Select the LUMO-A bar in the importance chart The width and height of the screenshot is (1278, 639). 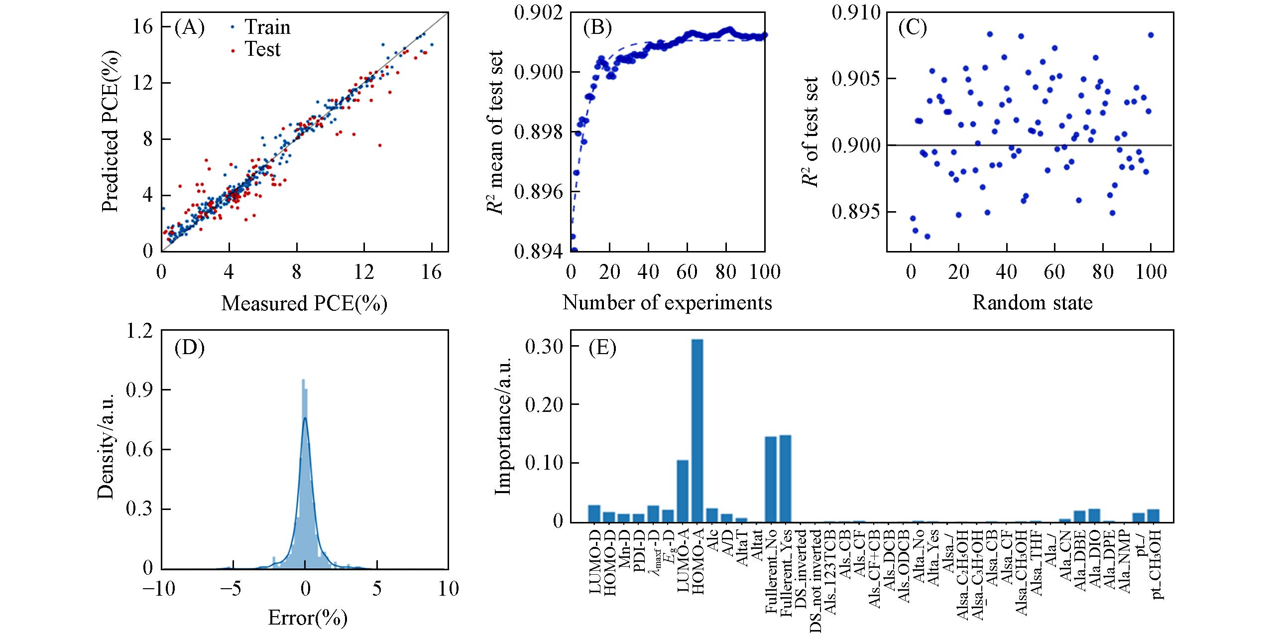[x=683, y=491]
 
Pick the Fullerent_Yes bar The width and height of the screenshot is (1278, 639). [x=786, y=479]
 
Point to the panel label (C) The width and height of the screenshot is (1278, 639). [x=912, y=28]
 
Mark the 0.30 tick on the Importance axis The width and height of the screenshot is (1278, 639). [x=546, y=346]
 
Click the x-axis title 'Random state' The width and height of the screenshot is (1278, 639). [x=1032, y=302]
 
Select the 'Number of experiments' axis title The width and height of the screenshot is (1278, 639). [x=667, y=302]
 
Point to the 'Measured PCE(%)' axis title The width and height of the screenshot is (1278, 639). [x=304, y=303]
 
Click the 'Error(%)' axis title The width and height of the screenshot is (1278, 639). [x=307, y=618]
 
